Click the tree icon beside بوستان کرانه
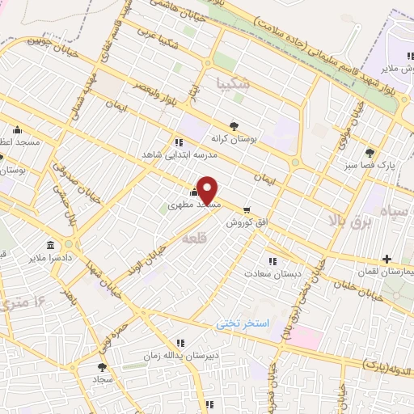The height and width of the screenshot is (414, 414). tap(234, 125)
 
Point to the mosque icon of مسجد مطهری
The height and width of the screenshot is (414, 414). tap(193, 192)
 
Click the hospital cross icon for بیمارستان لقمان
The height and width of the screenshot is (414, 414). tap(387, 260)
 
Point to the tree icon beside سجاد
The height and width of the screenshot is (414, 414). tap(101, 366)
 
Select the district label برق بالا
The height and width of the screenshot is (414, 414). tap(352, 219)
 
